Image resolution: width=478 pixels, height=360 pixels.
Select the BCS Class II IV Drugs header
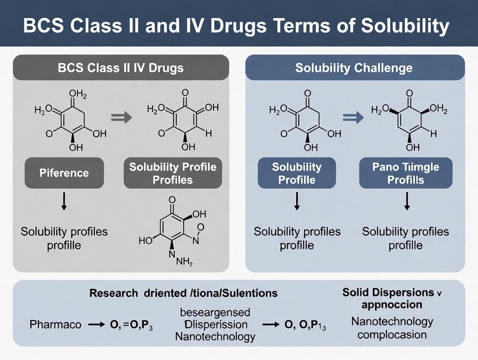121,68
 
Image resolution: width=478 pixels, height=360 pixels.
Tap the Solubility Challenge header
354,68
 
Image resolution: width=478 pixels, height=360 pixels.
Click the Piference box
64,173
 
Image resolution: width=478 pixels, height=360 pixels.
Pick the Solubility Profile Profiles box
172,173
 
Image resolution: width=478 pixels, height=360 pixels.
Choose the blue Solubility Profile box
297,173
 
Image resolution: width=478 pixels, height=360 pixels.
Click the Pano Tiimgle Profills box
406,173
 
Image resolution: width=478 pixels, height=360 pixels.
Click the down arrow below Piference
64,202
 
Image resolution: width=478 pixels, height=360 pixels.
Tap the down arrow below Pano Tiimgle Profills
407,202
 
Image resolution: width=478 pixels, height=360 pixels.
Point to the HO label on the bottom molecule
145,241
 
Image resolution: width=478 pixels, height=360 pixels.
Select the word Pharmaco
55,324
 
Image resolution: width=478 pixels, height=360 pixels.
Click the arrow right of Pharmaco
96,325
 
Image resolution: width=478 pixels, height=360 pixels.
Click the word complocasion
392,334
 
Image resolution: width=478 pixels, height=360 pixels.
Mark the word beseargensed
215,312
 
